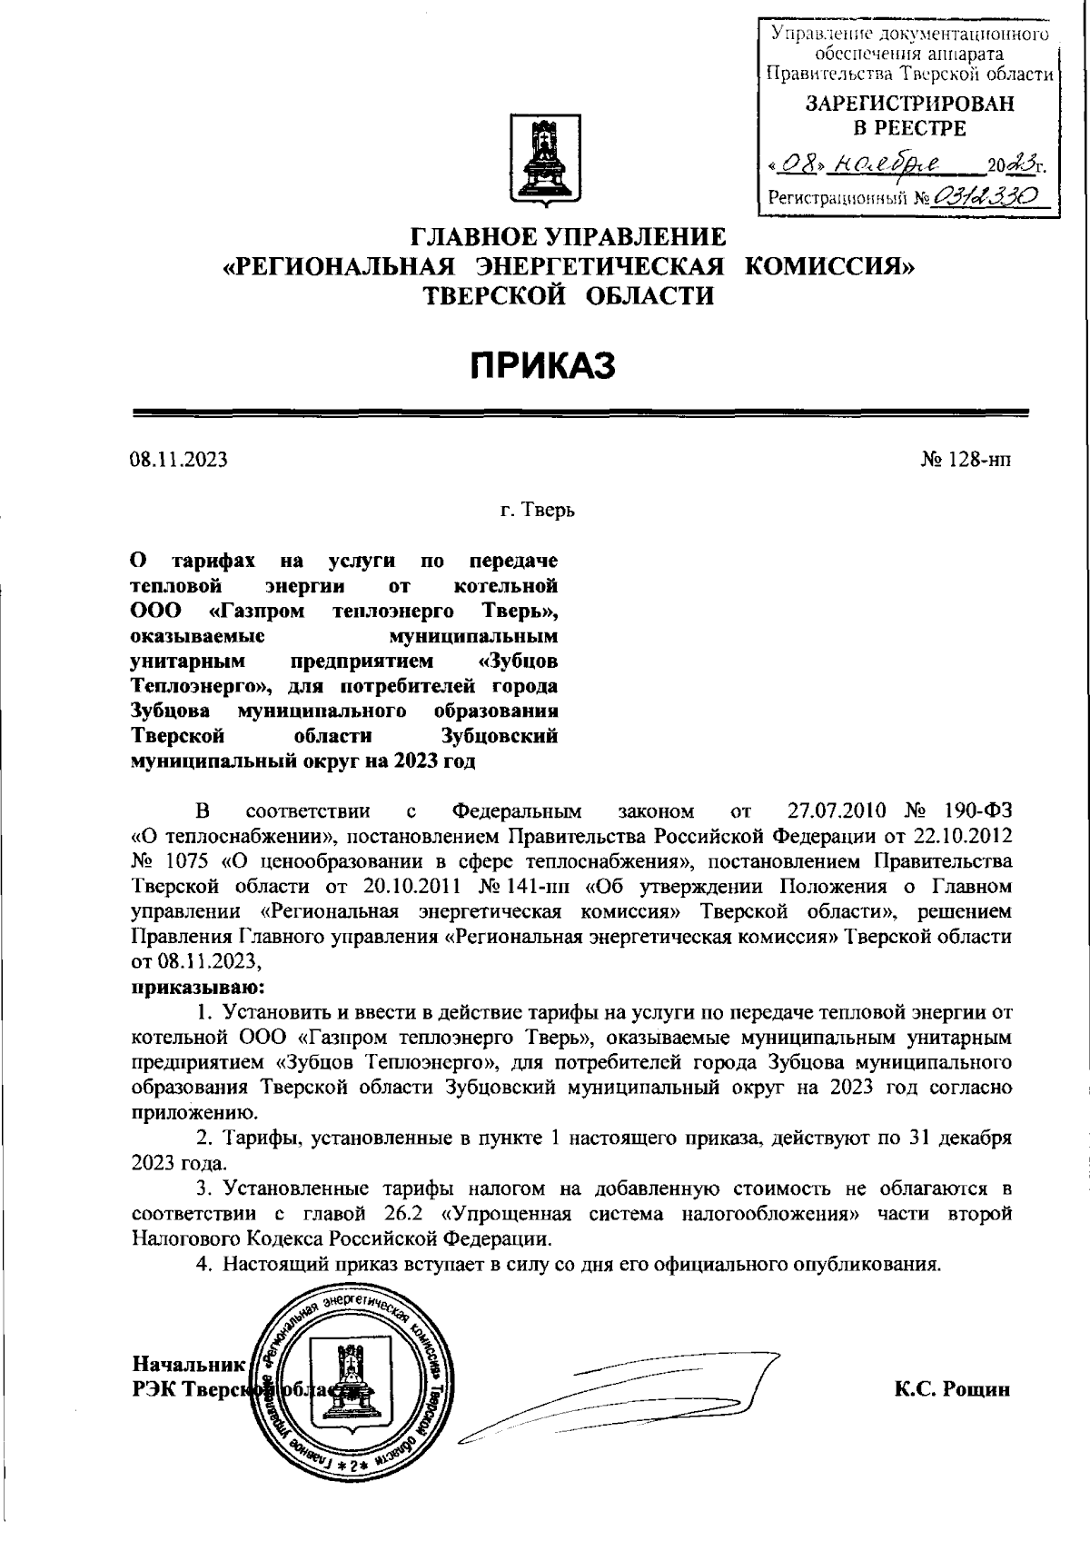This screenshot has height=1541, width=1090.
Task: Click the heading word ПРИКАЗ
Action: click(543, 365)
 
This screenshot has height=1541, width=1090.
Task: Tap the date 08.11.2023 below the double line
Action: click(178, 460)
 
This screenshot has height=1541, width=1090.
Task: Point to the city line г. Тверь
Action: click(538, 511)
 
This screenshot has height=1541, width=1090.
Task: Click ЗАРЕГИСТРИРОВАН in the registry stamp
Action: click(909, 104)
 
